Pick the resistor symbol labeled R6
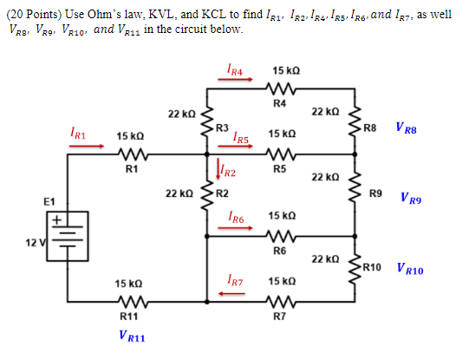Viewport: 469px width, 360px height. point(279,236)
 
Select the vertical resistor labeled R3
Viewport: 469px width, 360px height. point(206,124)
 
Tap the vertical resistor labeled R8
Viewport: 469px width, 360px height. point(353,124)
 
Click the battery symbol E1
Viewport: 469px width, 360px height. point(59,237)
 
